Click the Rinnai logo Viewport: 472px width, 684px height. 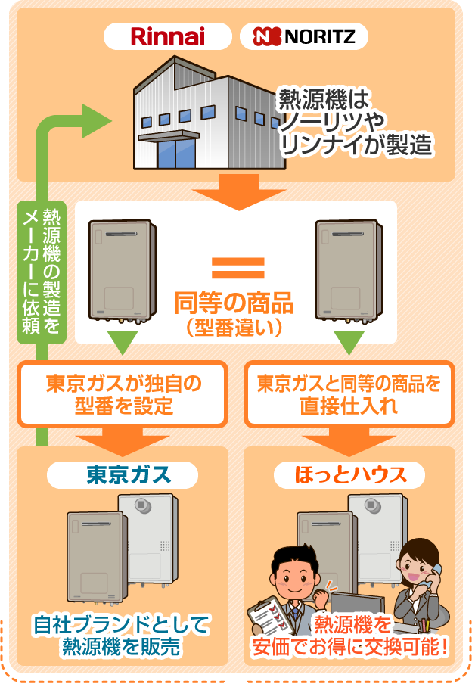coord(168,36)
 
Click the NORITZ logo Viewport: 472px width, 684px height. coord(304,36)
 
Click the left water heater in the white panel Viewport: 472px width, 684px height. coord(123,269)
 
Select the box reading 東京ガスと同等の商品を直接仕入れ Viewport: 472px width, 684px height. coord(349,394)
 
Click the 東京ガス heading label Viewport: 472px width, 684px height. coord(123,475)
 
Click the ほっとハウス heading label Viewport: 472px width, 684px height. coord(349,475)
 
